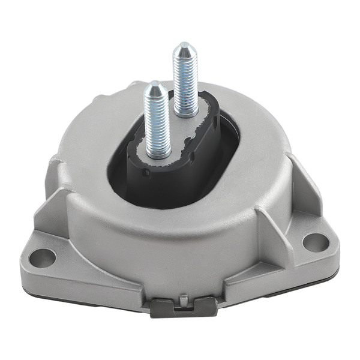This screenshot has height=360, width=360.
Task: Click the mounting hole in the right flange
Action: [316, 241]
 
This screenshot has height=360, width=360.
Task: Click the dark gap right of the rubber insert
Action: [231, 144]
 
